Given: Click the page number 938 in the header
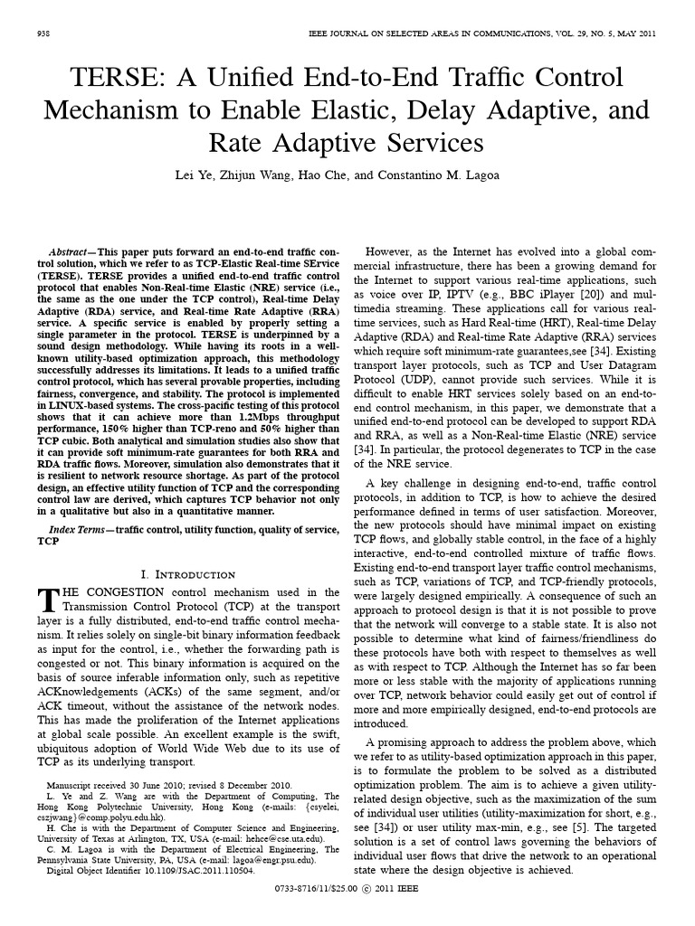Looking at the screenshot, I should tap(42, 33).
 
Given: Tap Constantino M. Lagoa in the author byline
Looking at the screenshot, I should tap(438, 175).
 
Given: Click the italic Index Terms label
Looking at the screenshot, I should tap(77, 528).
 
